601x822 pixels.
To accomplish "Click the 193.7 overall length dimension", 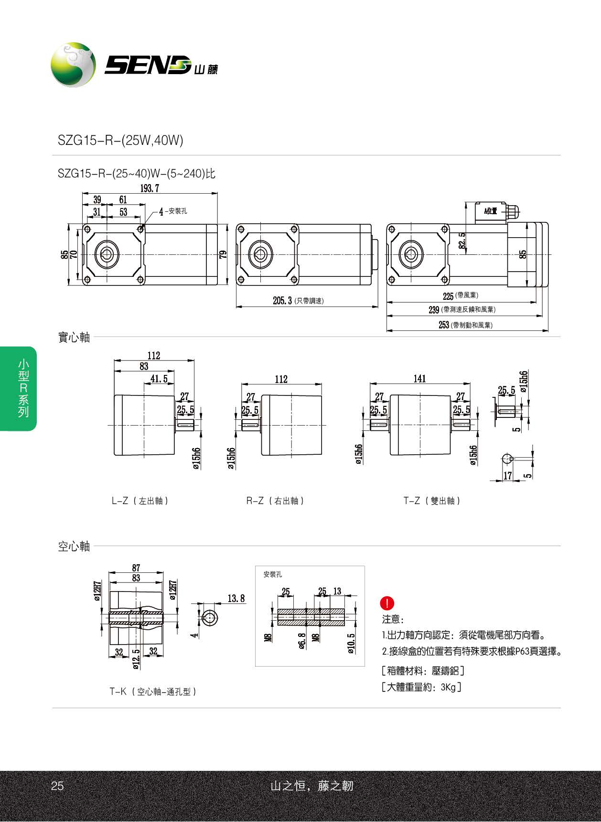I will [149, 188].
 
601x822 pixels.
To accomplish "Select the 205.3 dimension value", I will [282, 300].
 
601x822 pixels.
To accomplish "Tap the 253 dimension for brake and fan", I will [444, 325].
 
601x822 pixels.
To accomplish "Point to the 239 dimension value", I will [434, 310].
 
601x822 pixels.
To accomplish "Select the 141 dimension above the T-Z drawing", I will [419, 379].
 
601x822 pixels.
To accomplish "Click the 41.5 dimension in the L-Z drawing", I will [159, 379].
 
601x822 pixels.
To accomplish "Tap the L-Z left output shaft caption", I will [140, 501].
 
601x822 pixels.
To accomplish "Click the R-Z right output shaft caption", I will [275, 501].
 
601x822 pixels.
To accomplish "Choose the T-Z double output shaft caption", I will [432, 501].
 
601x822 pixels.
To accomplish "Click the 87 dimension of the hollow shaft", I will [136, 568].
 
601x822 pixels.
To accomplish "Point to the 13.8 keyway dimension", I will [236, 599].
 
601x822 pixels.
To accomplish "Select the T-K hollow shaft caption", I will [153, 691].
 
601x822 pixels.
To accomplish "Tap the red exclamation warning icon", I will [387, 603].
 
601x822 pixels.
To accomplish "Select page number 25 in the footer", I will [57, 786].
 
